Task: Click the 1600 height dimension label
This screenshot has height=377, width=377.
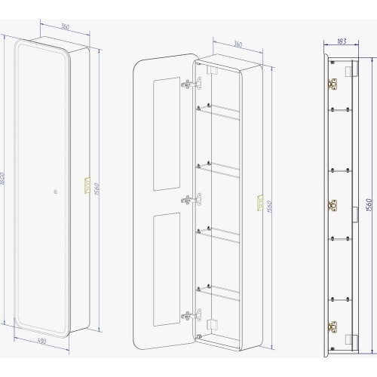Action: click(2, 179)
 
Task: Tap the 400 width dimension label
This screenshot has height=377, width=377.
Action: click(41, 341)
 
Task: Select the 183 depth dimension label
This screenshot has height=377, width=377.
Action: click(342, 41)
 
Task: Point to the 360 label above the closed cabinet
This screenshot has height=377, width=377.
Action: click(65, 26)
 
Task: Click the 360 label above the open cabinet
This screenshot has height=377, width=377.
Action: click(238, 44)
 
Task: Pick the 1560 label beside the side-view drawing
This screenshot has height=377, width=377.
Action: click(369, 205)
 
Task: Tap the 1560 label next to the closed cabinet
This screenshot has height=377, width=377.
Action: click(97, 189)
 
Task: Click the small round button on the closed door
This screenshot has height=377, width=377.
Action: click(56, 192)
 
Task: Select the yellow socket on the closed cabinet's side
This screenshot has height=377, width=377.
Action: click(87, 185)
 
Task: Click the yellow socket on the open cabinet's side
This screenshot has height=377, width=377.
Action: click(260, 203)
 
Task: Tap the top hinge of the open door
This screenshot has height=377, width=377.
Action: click(192, 84)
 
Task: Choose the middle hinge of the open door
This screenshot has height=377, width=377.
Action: click(192, 200)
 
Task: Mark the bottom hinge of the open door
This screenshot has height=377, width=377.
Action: click(192, 315)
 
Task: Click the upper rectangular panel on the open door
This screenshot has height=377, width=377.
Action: click(167, 133)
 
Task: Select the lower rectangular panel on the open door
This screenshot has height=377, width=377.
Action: click(167, 269)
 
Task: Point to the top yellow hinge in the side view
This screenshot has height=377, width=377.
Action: click(332, 84)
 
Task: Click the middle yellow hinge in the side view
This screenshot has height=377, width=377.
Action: click(332, 206)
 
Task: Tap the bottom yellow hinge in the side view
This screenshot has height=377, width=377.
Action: click(332, 326)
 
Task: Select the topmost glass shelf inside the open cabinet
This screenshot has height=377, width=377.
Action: click(218, 112)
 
